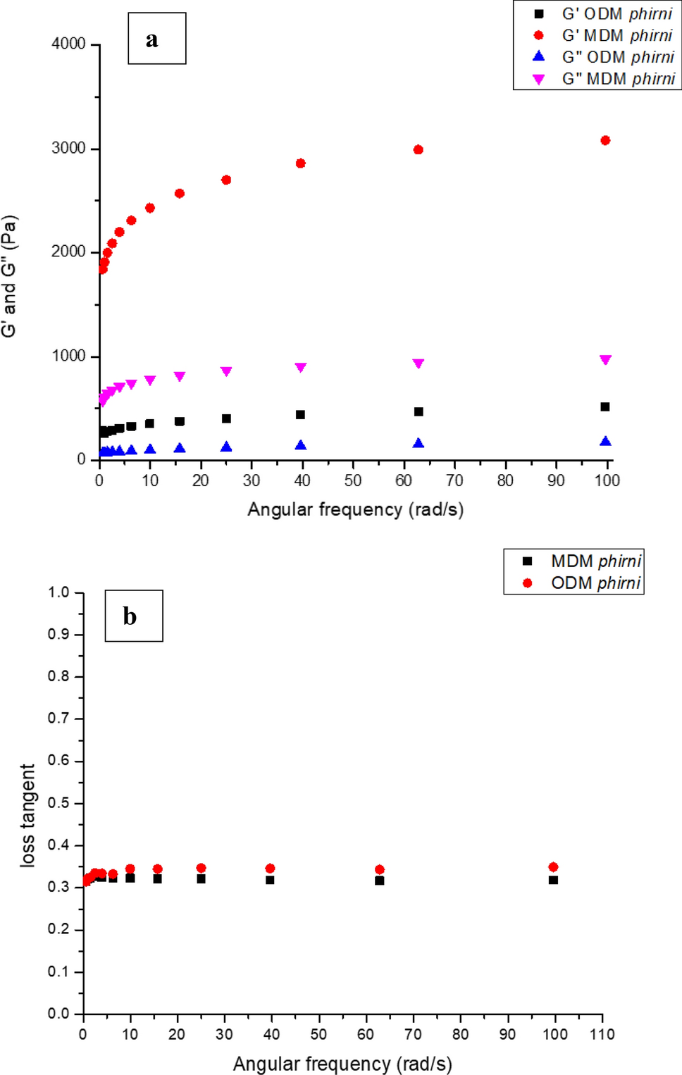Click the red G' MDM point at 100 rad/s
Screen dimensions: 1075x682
[x=605, y=140]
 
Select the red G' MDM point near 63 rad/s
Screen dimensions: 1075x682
[x=418, y=149]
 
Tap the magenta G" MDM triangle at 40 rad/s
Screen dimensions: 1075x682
[x=301, y=368]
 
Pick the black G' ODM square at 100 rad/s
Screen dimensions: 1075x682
[x=605, y=406]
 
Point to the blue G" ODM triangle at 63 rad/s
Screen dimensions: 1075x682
[x=418, y=443]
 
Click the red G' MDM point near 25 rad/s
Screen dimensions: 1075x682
[x=226, y=180]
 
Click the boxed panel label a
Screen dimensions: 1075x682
[x=156, y=39]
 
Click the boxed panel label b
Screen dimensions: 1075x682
[x=133, y=616]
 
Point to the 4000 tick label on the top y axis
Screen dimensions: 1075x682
[x=68, y=44]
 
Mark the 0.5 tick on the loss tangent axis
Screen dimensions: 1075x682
[x=58, y=803]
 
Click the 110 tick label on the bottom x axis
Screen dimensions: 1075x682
[x=602, y=1034]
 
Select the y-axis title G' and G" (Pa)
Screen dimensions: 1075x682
[x=9, y=276]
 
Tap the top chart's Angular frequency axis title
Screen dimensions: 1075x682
[x=355, y=509]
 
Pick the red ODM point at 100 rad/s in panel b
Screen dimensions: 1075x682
[x=553, y=867]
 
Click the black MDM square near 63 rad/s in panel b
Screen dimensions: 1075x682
[x=380, y=881]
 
